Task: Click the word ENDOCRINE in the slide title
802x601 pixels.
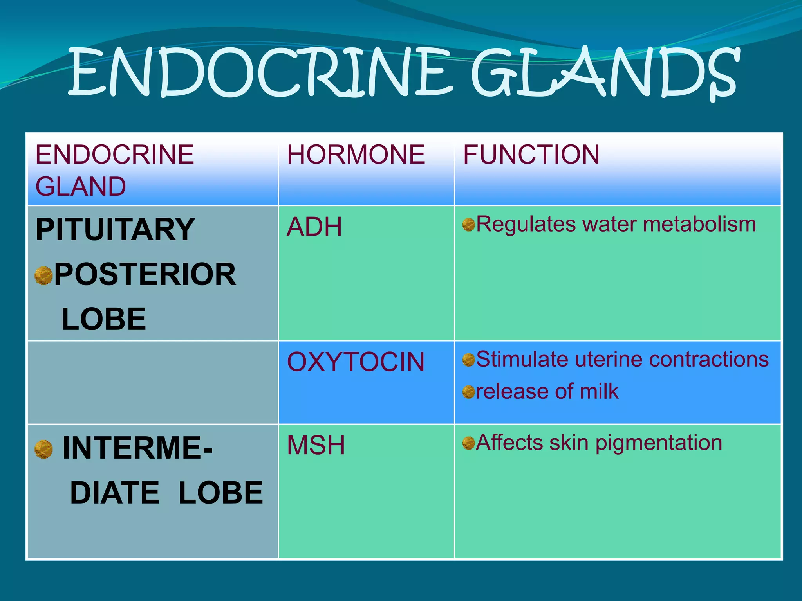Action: pos(260,72)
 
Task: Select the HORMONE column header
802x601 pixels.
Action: pos(356,155)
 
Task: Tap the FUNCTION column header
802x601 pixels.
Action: pos(531,155)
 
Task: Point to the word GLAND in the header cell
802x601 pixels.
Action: pos(81,187)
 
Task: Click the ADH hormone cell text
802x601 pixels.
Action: pos(314,227)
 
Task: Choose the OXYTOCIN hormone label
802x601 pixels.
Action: pos(356,362)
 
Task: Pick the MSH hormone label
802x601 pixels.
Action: pos(316,445)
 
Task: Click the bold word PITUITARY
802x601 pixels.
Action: pos(115,230)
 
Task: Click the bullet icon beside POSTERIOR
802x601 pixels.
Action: pos(43,275)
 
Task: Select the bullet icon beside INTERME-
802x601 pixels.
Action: pos(43,449)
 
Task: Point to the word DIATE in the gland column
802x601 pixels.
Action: pos(114,493)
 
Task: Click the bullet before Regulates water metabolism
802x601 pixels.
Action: pos(468,225)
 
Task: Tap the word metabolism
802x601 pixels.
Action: pos(699,225)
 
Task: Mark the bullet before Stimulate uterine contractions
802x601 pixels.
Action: pos(468,360)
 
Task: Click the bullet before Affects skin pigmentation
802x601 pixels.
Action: pos(468,443)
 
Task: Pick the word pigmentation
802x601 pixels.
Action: pos(659,443)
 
